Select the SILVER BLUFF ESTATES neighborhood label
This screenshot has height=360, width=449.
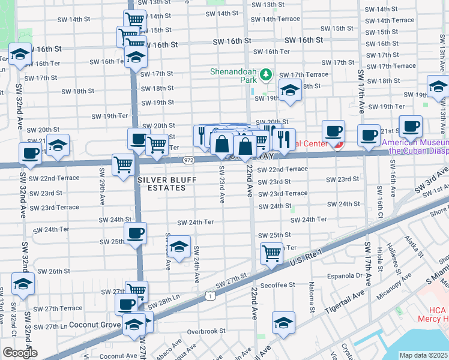(161, 184)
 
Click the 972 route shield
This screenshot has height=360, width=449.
(189, 160)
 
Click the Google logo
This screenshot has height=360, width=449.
(19, 353)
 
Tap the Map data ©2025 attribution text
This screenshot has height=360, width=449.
(424, 355)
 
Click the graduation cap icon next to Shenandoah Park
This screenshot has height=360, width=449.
(291, 91)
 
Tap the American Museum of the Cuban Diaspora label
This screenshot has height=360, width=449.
(415, 147)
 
